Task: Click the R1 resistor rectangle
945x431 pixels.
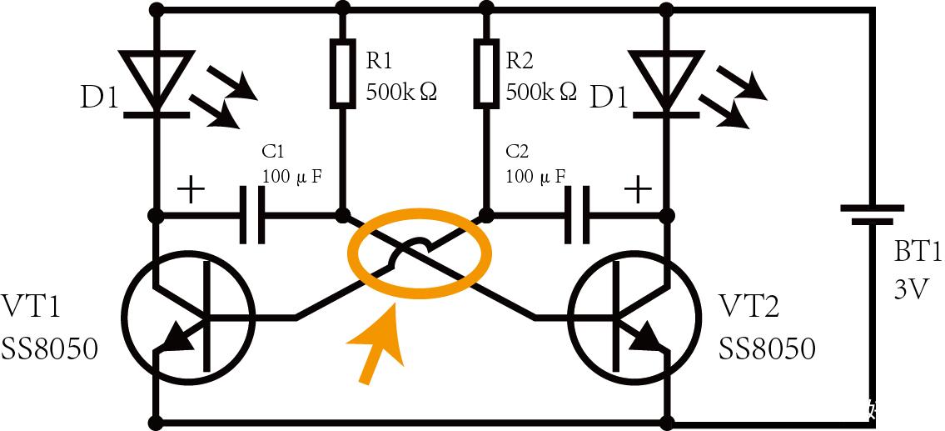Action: (x=342, y=73)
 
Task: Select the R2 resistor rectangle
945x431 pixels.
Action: (x=485, y=73)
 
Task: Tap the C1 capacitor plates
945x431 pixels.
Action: (x=252, y=214)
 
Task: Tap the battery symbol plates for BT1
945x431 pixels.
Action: (x=872, y=213)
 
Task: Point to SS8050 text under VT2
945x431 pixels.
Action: (x=767, y=348)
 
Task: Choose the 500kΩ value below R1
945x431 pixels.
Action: (x=400, y=92)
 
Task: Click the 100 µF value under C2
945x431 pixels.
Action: (x=536, y=176)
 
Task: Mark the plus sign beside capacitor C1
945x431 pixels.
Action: (x=191, y=191)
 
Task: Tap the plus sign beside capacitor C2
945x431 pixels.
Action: (x=638, y=191)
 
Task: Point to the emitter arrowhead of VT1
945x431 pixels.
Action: (x=178, y=338)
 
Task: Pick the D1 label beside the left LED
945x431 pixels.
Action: (x=99, y=99)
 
